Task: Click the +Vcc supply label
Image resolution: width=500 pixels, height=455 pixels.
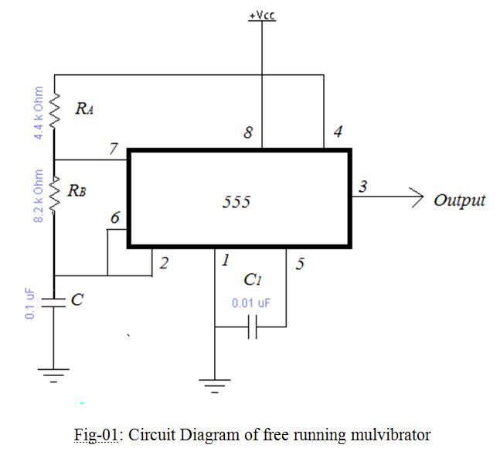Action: click(263, 15)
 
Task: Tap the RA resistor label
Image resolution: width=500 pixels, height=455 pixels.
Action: click(84, 109)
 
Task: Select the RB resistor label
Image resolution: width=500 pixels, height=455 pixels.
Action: click(77, 190)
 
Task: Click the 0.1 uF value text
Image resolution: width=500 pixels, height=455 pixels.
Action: click(30, 303)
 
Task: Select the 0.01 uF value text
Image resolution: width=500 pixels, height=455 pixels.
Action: click(251, 303)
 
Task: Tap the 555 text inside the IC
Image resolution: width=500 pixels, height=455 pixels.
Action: click(236, 203)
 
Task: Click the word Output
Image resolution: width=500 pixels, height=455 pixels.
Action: click(459, 200)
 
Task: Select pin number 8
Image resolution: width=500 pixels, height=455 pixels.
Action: click(247, 133)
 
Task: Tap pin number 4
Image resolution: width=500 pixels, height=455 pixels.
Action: click(337, 132)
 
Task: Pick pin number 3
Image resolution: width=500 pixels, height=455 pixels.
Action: click(363, 186)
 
